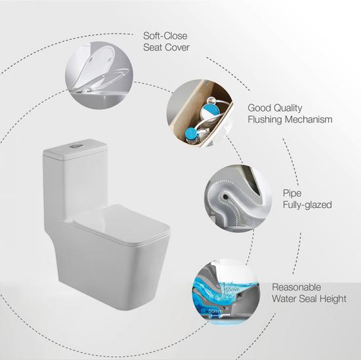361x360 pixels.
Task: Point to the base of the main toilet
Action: pos(98,275)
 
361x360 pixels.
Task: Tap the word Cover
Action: pos(179,49)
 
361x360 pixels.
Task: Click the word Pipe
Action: pos(292,193)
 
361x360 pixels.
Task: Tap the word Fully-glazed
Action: pos(307,205)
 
